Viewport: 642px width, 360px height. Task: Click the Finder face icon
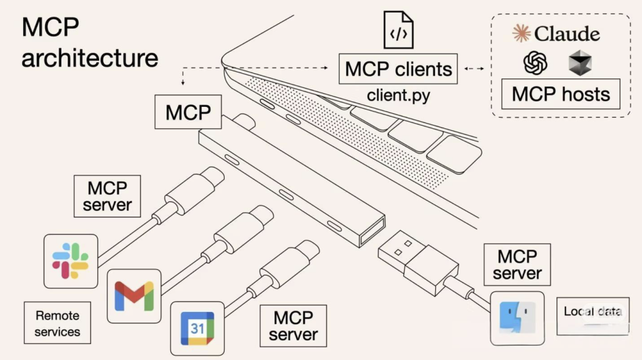point(517,318)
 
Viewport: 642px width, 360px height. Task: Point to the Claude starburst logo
point(521,34)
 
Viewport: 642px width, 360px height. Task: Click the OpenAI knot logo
point(535,63)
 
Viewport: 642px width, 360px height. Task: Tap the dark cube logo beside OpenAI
point(580,63)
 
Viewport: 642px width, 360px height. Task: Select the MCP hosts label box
point(561,94)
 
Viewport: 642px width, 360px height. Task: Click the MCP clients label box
point(398,69)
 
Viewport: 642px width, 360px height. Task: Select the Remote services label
point(57,323)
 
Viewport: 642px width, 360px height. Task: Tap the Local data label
point(593,312)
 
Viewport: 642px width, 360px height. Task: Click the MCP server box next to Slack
point(107,197)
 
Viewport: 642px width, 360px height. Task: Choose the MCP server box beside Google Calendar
point(293,326)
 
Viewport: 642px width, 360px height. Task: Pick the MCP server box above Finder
point(517,264)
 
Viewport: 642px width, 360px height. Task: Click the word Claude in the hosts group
point(567,34)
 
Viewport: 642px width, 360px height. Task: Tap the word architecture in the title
point(90,58)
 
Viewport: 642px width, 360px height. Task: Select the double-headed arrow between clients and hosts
point(473,69)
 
